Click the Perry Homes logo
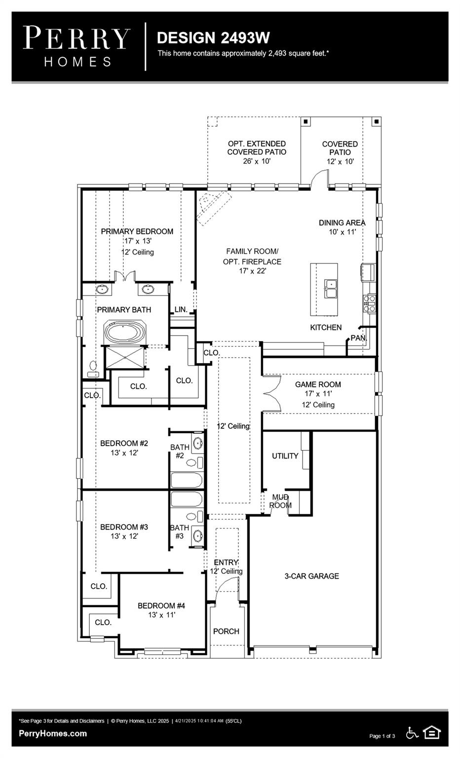(77, 46)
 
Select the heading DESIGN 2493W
(213, 38)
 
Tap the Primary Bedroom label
(137, 231)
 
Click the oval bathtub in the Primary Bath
(125, 332)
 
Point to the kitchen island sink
(331, 289)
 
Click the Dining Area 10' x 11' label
(342, 227)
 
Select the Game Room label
(318, 384)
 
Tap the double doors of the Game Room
(271, 393)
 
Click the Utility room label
(285, 456)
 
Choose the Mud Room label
(280, 501)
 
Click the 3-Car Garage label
(311, 576)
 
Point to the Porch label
(226, 631)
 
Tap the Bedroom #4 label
(161, 606)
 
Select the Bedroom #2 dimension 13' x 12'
(124, 453)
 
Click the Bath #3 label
(179, 531)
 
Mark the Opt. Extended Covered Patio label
(256, 148)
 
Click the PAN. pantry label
(358, 338)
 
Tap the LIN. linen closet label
(181, 309)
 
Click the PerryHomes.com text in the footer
(53, 733)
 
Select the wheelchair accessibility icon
(412, 733)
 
